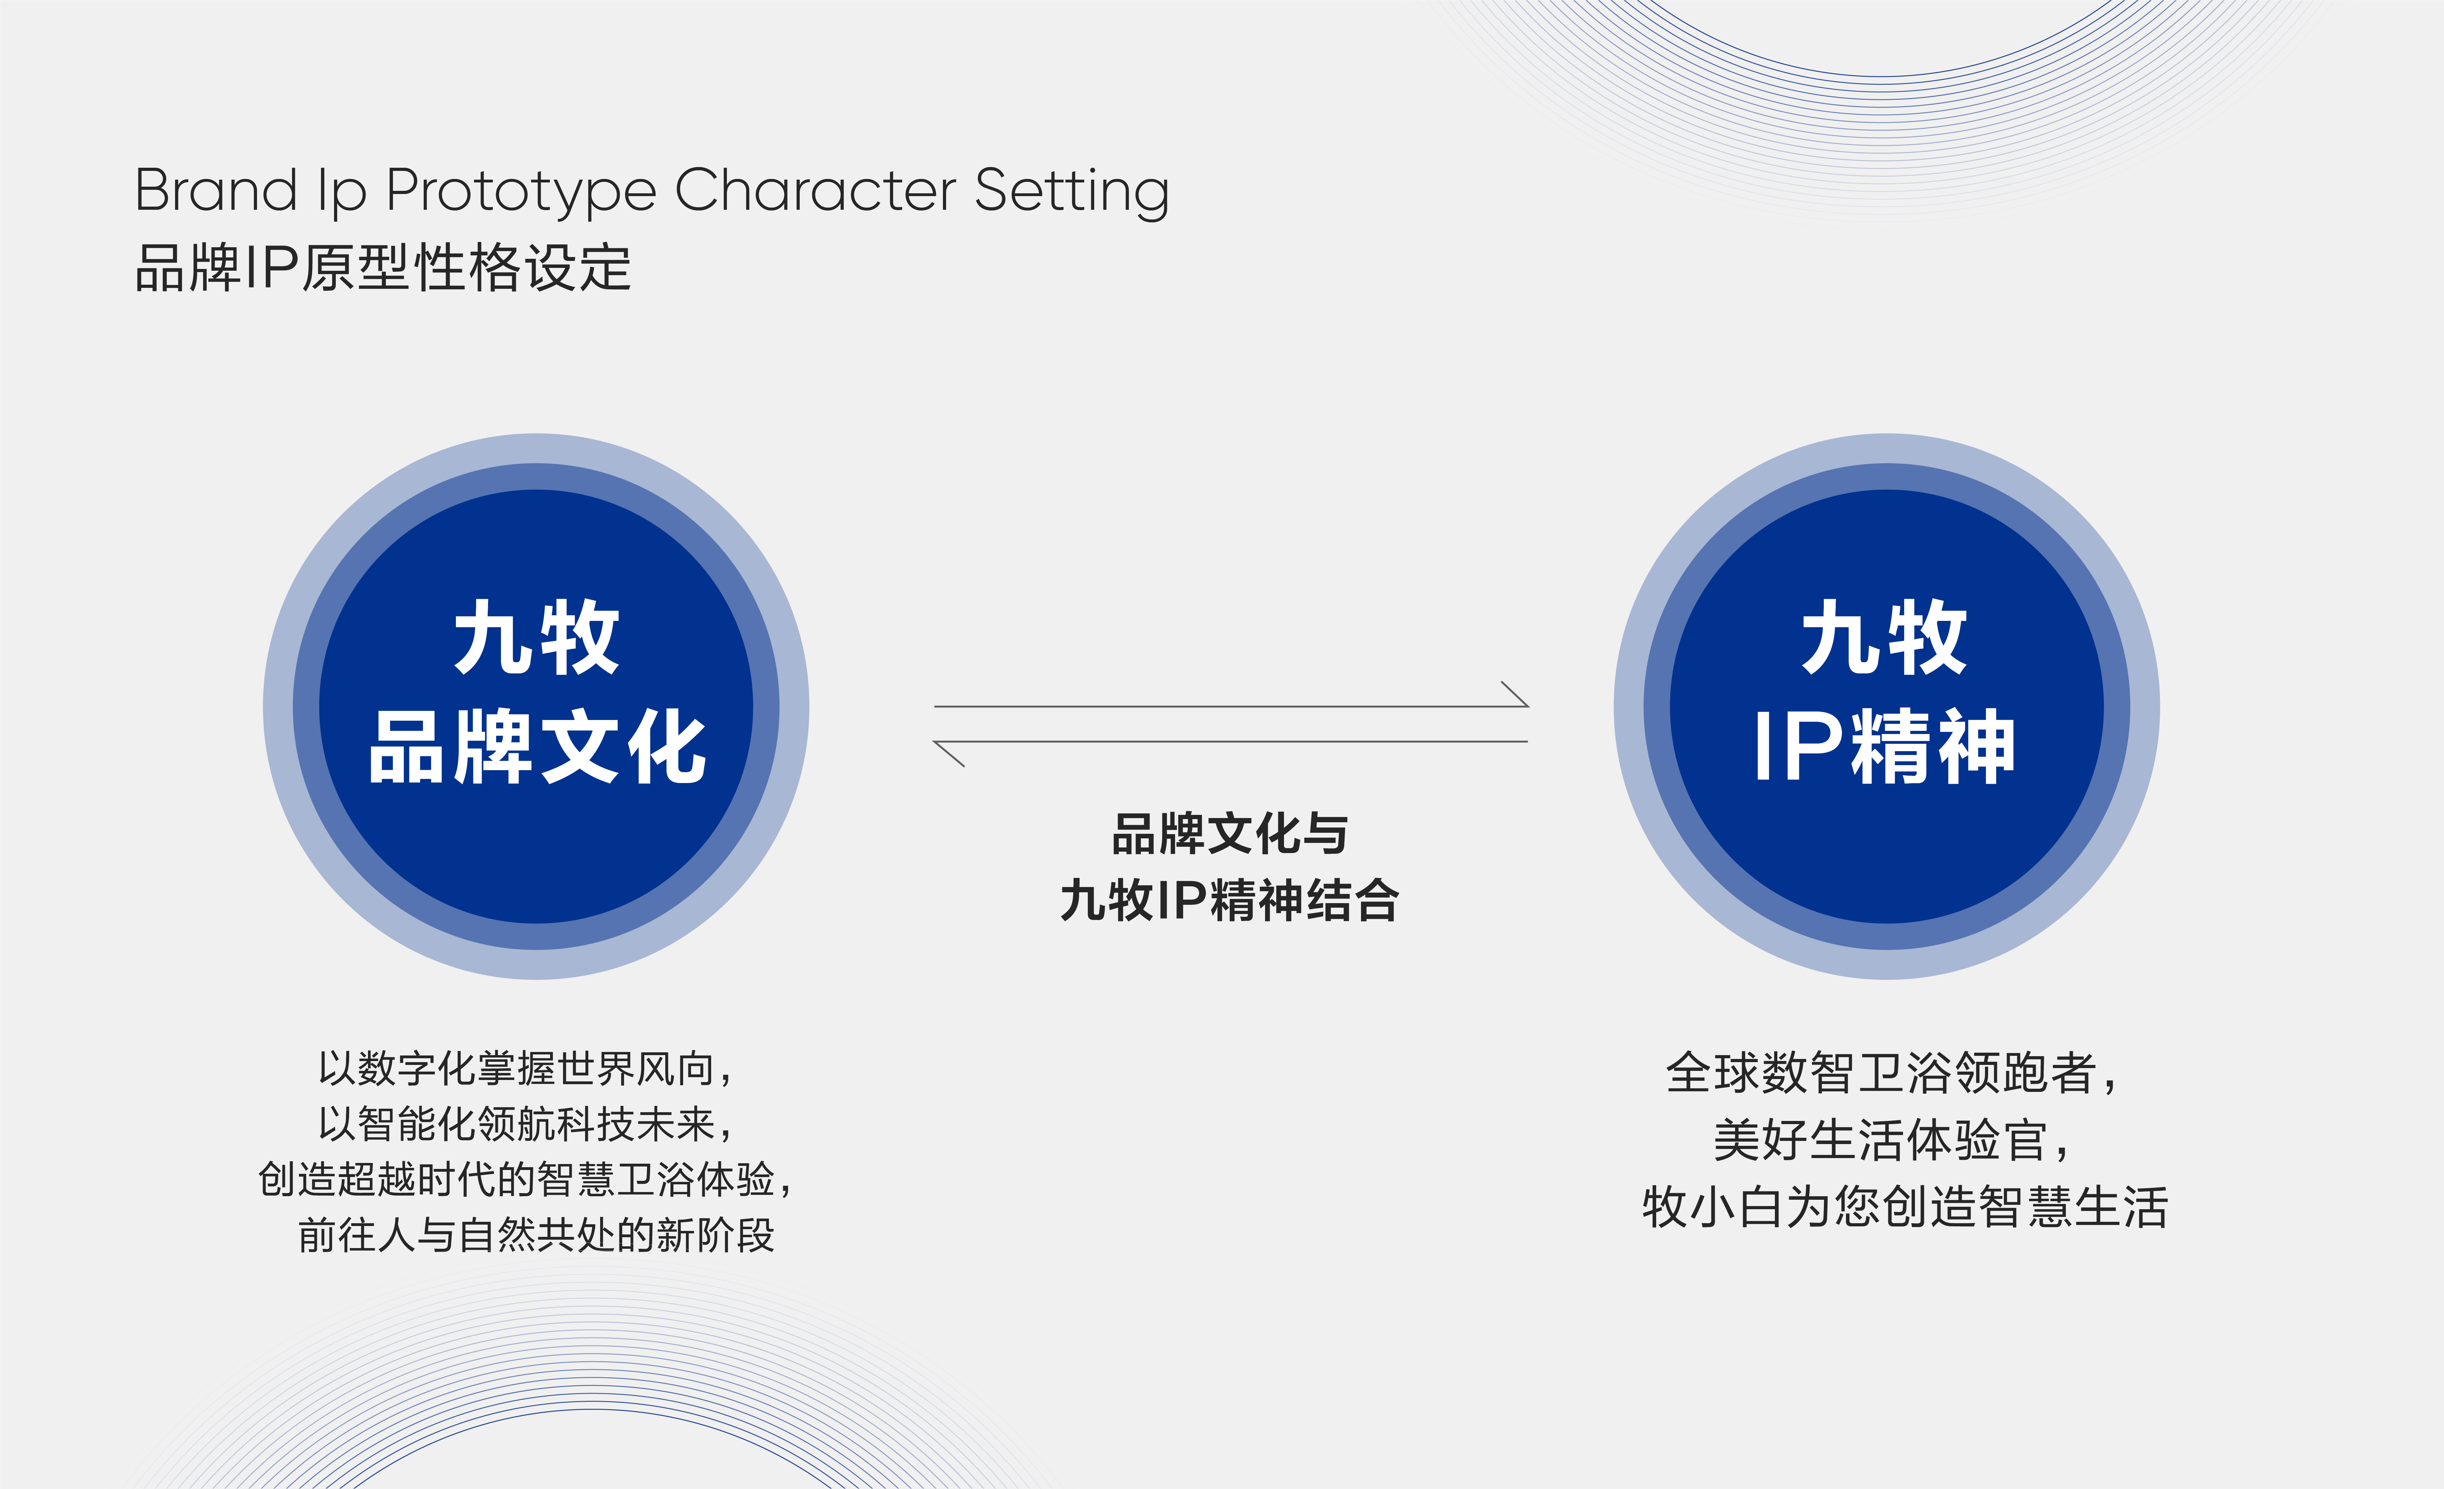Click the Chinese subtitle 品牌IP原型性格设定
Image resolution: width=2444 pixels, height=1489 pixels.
click(383, 268)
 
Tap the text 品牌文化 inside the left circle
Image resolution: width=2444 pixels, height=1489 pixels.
click(537, 747)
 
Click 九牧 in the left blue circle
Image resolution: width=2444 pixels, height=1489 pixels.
click(537, 638)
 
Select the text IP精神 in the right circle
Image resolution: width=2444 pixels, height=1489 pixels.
click(1884, 747)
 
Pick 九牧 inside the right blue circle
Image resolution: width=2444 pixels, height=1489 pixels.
click(1884, 638)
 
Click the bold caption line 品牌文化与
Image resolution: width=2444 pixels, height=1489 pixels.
click(1230, 833)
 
